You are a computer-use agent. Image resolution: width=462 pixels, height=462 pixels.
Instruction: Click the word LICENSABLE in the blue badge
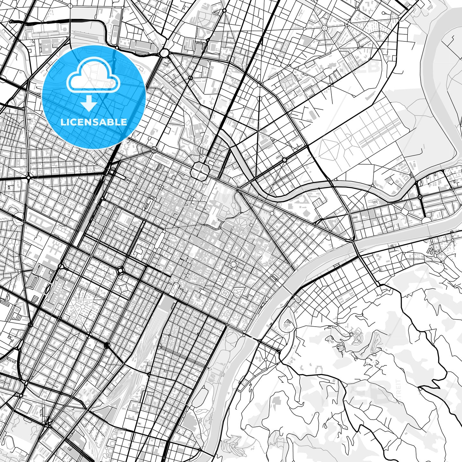tap(94, 122)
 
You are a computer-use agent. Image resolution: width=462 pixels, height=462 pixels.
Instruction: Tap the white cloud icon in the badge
tap(93, 77)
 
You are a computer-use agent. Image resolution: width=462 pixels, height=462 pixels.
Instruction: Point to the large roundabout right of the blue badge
tap(165, 52)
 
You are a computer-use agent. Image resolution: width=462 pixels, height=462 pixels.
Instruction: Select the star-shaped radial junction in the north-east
tap(324, 28)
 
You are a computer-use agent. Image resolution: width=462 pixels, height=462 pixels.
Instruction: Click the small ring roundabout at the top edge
tap(224, 11)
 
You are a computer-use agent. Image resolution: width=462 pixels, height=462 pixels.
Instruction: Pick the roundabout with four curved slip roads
tap(121, 271)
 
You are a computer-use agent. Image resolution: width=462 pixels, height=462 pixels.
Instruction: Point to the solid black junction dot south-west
tap(107, 345)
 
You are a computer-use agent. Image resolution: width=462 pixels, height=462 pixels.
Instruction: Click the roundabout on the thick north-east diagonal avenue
tap(284, 159)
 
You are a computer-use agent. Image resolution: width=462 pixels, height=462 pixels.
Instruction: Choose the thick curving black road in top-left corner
tap(58, 21)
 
